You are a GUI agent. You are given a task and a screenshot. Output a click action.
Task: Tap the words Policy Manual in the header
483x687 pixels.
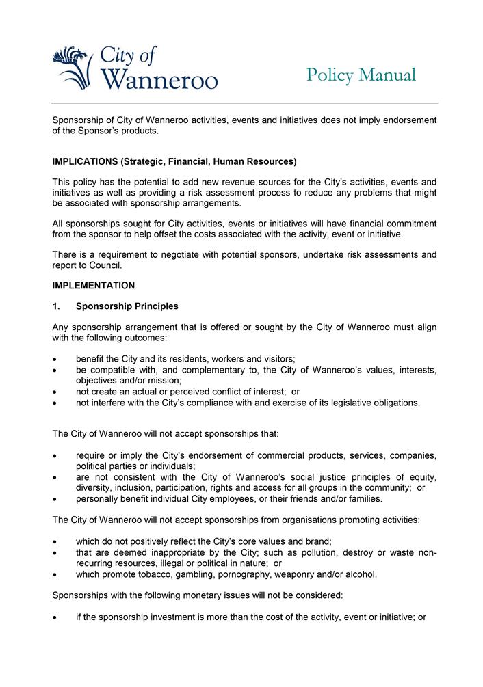[361, 75]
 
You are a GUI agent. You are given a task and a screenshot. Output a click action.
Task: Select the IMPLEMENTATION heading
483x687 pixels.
[94, 286]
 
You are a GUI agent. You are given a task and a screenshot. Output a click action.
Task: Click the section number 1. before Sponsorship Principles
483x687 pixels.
[57, 306]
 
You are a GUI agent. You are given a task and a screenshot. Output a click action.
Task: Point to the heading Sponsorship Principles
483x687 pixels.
[127, 306]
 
